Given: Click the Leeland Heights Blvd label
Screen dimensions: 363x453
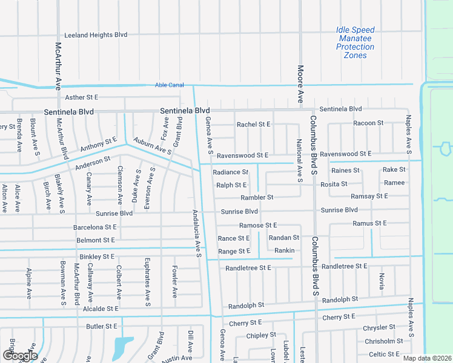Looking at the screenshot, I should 96,36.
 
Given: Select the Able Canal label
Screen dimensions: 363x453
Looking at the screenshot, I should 169,85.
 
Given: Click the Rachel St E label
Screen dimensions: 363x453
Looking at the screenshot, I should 253,125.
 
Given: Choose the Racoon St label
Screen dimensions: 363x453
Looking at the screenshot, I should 368,123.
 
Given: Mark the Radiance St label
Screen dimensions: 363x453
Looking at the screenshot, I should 231,172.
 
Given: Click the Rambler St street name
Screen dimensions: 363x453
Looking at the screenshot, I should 257,197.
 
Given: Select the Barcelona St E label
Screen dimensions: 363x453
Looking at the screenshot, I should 94,227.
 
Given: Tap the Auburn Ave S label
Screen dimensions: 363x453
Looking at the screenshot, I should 153,145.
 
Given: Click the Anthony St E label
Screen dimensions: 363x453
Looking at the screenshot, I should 98,145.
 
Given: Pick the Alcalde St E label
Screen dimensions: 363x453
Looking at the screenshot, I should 100,309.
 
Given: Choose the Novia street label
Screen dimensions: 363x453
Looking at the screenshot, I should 382,280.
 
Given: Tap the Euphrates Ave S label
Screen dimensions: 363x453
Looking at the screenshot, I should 147,287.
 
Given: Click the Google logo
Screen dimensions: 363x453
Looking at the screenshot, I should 19,356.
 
